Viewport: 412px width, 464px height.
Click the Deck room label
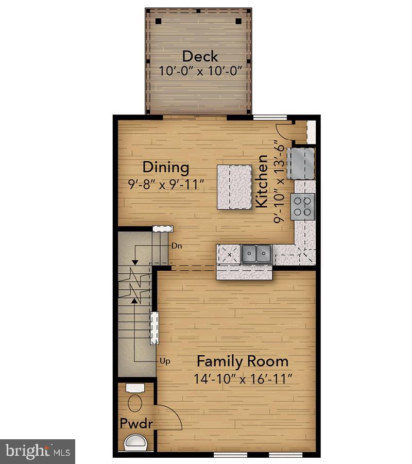(x=200, y=56)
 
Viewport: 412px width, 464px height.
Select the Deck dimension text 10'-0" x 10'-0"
(x=199, y=71)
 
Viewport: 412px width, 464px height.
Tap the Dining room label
(x=166, y=168)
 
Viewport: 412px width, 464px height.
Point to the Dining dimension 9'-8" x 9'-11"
(x=166, y=184)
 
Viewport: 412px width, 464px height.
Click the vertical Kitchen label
(x=262, y=181)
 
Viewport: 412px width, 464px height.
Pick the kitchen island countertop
(x=234, y=187)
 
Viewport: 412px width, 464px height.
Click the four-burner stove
(x=303, y=205)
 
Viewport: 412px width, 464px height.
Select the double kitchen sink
(x=256, y=253)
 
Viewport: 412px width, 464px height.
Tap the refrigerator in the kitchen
(x=301, y=162)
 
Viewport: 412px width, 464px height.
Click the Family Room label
(x=243, y=361)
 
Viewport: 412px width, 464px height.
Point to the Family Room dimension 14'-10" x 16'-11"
(x=243, y=379)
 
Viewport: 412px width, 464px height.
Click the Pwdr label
(x=136, y=424)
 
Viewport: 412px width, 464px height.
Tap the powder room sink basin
(x=135, y=442)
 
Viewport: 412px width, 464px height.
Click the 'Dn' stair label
(x=177, y=246)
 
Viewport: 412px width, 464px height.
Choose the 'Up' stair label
(x=165, y=361)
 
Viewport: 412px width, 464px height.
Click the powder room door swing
(x=168, y=418)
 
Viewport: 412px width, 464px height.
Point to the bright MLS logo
(x=37, y=451)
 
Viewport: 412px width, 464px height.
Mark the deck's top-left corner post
(x=159, y=21)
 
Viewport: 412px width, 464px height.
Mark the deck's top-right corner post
(x=238, y=21)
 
